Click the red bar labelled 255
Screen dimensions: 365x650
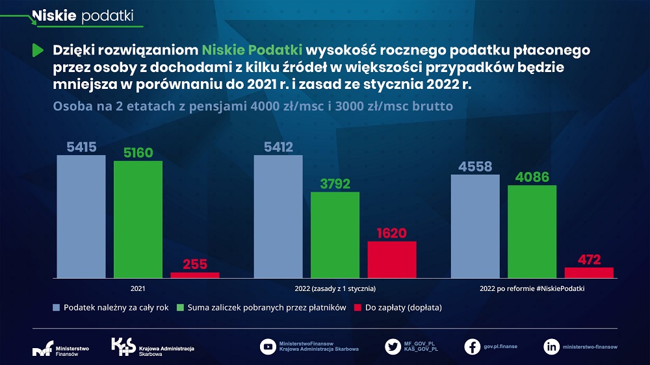pyautogui.click(x=195, y=275)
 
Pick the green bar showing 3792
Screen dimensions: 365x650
pyautogui.click(x=335, y=235)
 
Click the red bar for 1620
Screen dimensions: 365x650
pyautogui.click(x=392, y=260)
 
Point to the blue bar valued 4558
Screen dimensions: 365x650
pyautogui.click(x=475, y=226)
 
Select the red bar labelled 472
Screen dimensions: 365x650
pyautogui.click(x=589, y=273)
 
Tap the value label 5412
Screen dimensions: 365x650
pyautogui.click(x=278, y=147)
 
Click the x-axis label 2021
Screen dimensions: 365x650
pyautogui.click(x=138, y=288)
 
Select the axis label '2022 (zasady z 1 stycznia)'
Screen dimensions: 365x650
pyautogui.click(x=335, y=288)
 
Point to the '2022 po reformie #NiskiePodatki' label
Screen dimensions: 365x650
pyautogui.click(x=532, y=288)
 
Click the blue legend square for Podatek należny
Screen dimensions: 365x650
pyautogui.click(x=57, y=307)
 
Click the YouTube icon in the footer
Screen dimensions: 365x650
pyautogui.click(x=267, y=347)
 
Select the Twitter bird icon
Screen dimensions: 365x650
pyautogui.click(x=393, y=347)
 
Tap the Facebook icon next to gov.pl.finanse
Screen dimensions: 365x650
pyautogui.click(x=473, y=347)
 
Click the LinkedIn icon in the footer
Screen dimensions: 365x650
pyautogui.click(x=551, y=347)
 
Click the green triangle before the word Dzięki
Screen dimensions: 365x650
pyautogui.click(x=37, y=50)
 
